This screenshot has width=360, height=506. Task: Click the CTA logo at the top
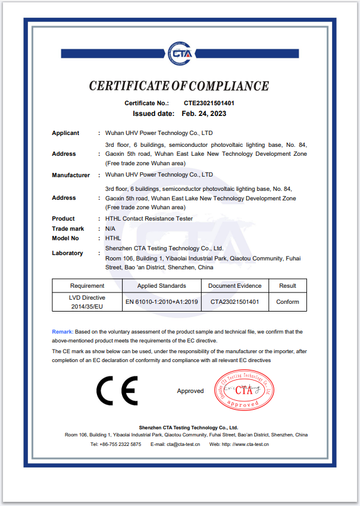pyautogui.click(x=179, y=52)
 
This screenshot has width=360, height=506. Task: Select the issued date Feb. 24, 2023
pyautogui.click(x=204, y=113)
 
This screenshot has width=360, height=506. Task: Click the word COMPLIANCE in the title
pyautogui.click(x=227, y=86)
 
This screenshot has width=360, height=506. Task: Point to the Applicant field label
pyautogui.click(x=65, y=133)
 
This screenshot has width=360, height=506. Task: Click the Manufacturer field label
pyautogui.click(x=71, y=175)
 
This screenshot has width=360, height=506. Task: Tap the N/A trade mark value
pyautogui.click(x=110, y=228)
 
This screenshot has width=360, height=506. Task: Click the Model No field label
pyautogui.click(x=65, y=238)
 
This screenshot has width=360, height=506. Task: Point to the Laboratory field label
pyautogui.click(x=67, y=253)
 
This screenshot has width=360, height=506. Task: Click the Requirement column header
pyautogui.click(x=87, y=286)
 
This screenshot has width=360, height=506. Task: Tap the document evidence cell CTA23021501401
pyautogui.click(x=234, y=302)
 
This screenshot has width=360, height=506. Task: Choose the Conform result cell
pyautogui.click(x=287, y=302)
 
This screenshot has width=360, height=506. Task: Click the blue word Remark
pyautogui.click(x=62, y=331)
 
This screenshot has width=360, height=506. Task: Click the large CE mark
pyautogui.click(x=117, y=391)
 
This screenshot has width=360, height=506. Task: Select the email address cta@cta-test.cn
pyautogui.click(x=183, y=444)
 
